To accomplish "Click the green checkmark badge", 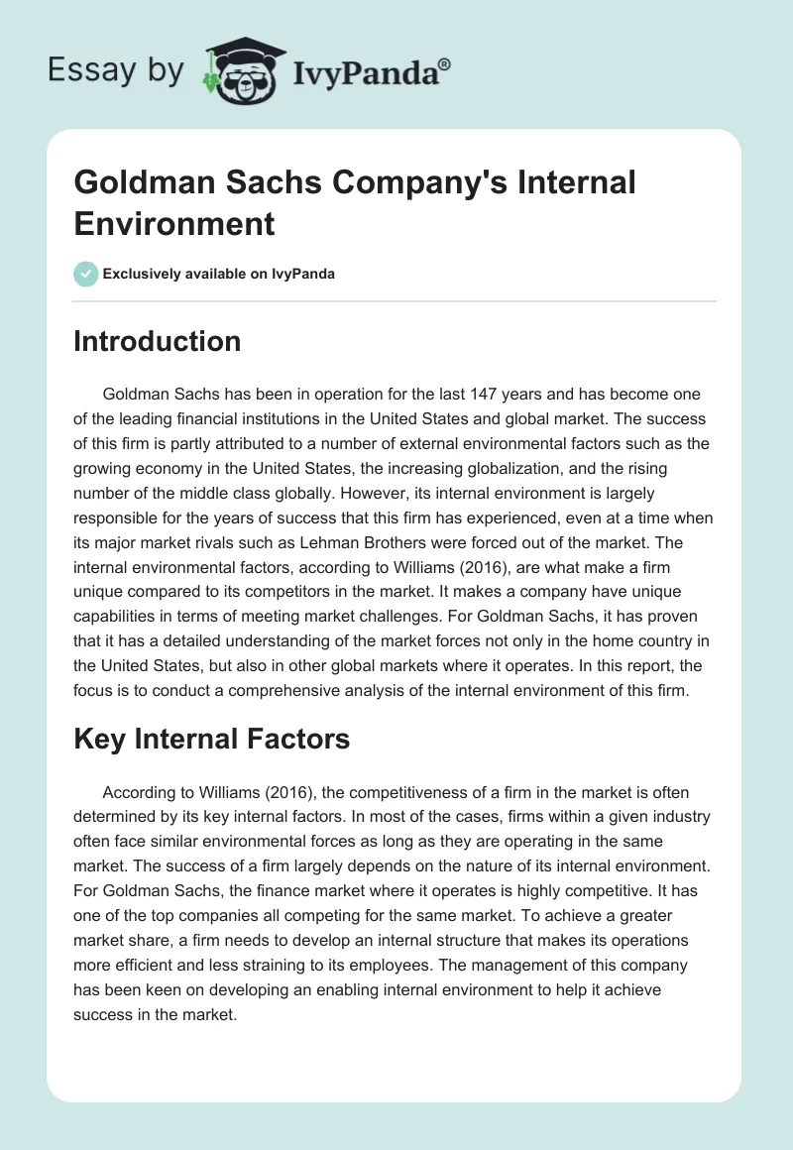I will tap(86, 274).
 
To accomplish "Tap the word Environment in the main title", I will tap(173, 223).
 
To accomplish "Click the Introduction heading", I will tap(158, 341).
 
